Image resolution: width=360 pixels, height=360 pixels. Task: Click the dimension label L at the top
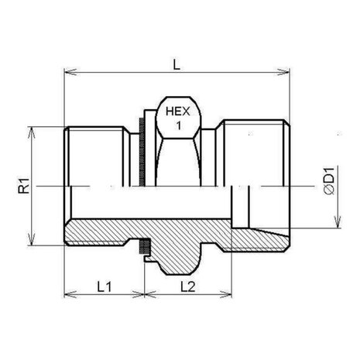click(x=177, y=64)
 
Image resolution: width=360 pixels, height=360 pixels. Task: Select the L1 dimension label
click(x=105, y=286)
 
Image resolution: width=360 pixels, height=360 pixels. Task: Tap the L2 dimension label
click(x=188, y=286)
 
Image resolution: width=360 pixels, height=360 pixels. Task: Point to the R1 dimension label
click(x=24, y=186)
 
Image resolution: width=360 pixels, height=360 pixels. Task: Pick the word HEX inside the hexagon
click(x=178, y=111)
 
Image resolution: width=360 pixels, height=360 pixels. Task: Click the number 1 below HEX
click(x=178, y=125)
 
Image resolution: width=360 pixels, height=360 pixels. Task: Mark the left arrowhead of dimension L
click(x=70, y=72)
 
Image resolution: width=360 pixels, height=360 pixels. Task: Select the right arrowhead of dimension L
click(x=283, y=72)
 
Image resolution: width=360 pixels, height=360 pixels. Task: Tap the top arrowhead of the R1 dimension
click(x=31, y=133)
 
